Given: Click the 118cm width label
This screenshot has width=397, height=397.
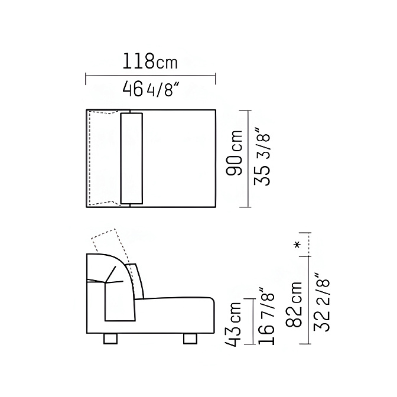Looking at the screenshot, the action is coord(150,61).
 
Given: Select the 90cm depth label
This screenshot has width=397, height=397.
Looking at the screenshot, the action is coord(234,153).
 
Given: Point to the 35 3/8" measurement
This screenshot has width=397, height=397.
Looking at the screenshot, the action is coord(262,158).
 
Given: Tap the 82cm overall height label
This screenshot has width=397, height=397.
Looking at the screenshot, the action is coord(294,304).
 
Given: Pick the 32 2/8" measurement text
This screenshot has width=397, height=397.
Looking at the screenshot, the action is coord(321,302).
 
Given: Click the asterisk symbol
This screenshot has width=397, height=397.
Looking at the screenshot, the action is coord(297,245).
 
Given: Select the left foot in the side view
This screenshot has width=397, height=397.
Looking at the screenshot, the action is coord(110,339).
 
